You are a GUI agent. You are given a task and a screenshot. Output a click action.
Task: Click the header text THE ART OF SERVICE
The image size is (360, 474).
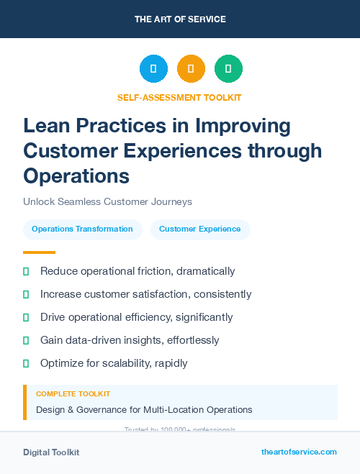(180, 19)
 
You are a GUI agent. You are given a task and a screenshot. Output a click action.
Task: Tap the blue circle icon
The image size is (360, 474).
(153, 69)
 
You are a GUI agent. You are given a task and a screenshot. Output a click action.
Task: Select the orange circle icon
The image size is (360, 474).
(191, 69)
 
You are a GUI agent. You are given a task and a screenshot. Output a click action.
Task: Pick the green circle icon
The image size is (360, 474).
(228, 69)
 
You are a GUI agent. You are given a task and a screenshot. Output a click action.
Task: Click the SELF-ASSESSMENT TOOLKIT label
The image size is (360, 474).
(179, 97)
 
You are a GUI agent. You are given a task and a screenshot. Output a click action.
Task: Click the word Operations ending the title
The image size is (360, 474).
(76, 176)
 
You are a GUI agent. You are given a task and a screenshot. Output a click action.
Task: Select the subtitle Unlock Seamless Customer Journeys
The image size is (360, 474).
(107, 202)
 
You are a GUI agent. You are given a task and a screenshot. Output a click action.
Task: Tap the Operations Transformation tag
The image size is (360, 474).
(82, 229)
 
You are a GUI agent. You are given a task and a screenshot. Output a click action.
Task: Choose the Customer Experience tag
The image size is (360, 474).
(200, 229)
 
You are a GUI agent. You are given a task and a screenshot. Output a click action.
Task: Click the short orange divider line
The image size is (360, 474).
(39, 252)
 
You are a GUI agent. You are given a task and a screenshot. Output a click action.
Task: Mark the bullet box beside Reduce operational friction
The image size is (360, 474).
(27, 271)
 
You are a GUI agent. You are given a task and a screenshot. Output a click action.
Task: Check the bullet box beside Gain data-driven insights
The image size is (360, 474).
(27, 340)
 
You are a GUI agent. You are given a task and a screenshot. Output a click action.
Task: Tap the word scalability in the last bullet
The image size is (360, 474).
(122, 363)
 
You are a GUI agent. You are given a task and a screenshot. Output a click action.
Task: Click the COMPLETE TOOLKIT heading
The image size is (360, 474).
(73, 394)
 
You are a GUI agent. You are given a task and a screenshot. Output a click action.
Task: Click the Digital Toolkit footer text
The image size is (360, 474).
(51, 452)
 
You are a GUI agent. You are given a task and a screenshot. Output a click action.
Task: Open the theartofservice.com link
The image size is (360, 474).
(299, 452)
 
